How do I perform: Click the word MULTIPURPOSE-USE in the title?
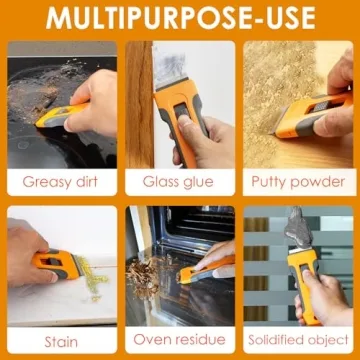(180, 18)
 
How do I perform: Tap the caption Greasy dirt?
(63, 182)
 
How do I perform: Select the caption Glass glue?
(179, 182)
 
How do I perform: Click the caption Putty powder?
(297, 182)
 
